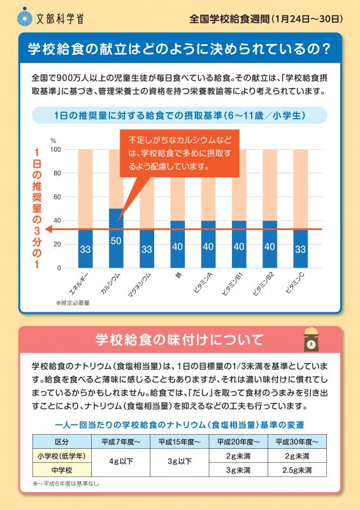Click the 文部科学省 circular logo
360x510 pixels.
[25, 17]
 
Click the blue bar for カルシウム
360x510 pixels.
[116, 238]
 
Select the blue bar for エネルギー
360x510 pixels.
[85, 249]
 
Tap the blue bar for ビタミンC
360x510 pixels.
[301, 249]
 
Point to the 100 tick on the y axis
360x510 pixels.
[55, 150]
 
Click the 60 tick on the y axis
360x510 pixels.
[57, 197]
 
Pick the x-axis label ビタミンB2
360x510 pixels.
[263, 284]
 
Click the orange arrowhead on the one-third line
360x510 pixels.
[48, 229]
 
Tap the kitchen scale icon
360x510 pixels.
[311, 340]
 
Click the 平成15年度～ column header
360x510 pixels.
[179, 442]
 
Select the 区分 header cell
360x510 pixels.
[62, 442]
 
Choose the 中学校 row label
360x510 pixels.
[62, 470]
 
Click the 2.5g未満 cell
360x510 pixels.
[297, 470]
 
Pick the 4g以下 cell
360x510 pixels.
[120, 462]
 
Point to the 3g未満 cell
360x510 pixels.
[238, 470]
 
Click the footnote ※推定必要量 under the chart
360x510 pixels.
[73, 303]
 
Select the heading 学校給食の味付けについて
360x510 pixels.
[179, 340]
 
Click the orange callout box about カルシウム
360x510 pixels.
[180, 153]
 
